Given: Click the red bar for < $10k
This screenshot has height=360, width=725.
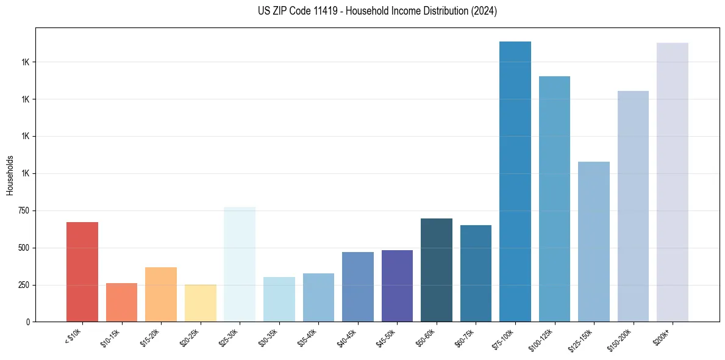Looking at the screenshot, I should [82, 272].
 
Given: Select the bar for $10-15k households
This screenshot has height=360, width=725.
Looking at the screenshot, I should [121, 302].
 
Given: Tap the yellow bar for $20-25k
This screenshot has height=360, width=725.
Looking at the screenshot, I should [200, 303].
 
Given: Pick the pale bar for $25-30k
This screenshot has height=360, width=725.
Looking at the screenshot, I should [240, 264].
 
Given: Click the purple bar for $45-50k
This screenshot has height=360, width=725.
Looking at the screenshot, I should [397, 286].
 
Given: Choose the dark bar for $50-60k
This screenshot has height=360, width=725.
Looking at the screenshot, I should [437, 270].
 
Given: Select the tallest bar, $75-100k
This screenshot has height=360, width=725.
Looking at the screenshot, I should [515, 181].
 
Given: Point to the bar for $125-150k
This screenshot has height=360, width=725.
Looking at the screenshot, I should [594, 242].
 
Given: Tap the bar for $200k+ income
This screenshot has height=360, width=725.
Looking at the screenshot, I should [673, 182].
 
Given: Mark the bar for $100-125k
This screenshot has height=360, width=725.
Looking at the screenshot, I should [554, 199].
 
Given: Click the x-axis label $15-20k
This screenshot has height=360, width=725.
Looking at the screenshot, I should [151, 337].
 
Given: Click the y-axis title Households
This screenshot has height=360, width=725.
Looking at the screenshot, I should [10, 175].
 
